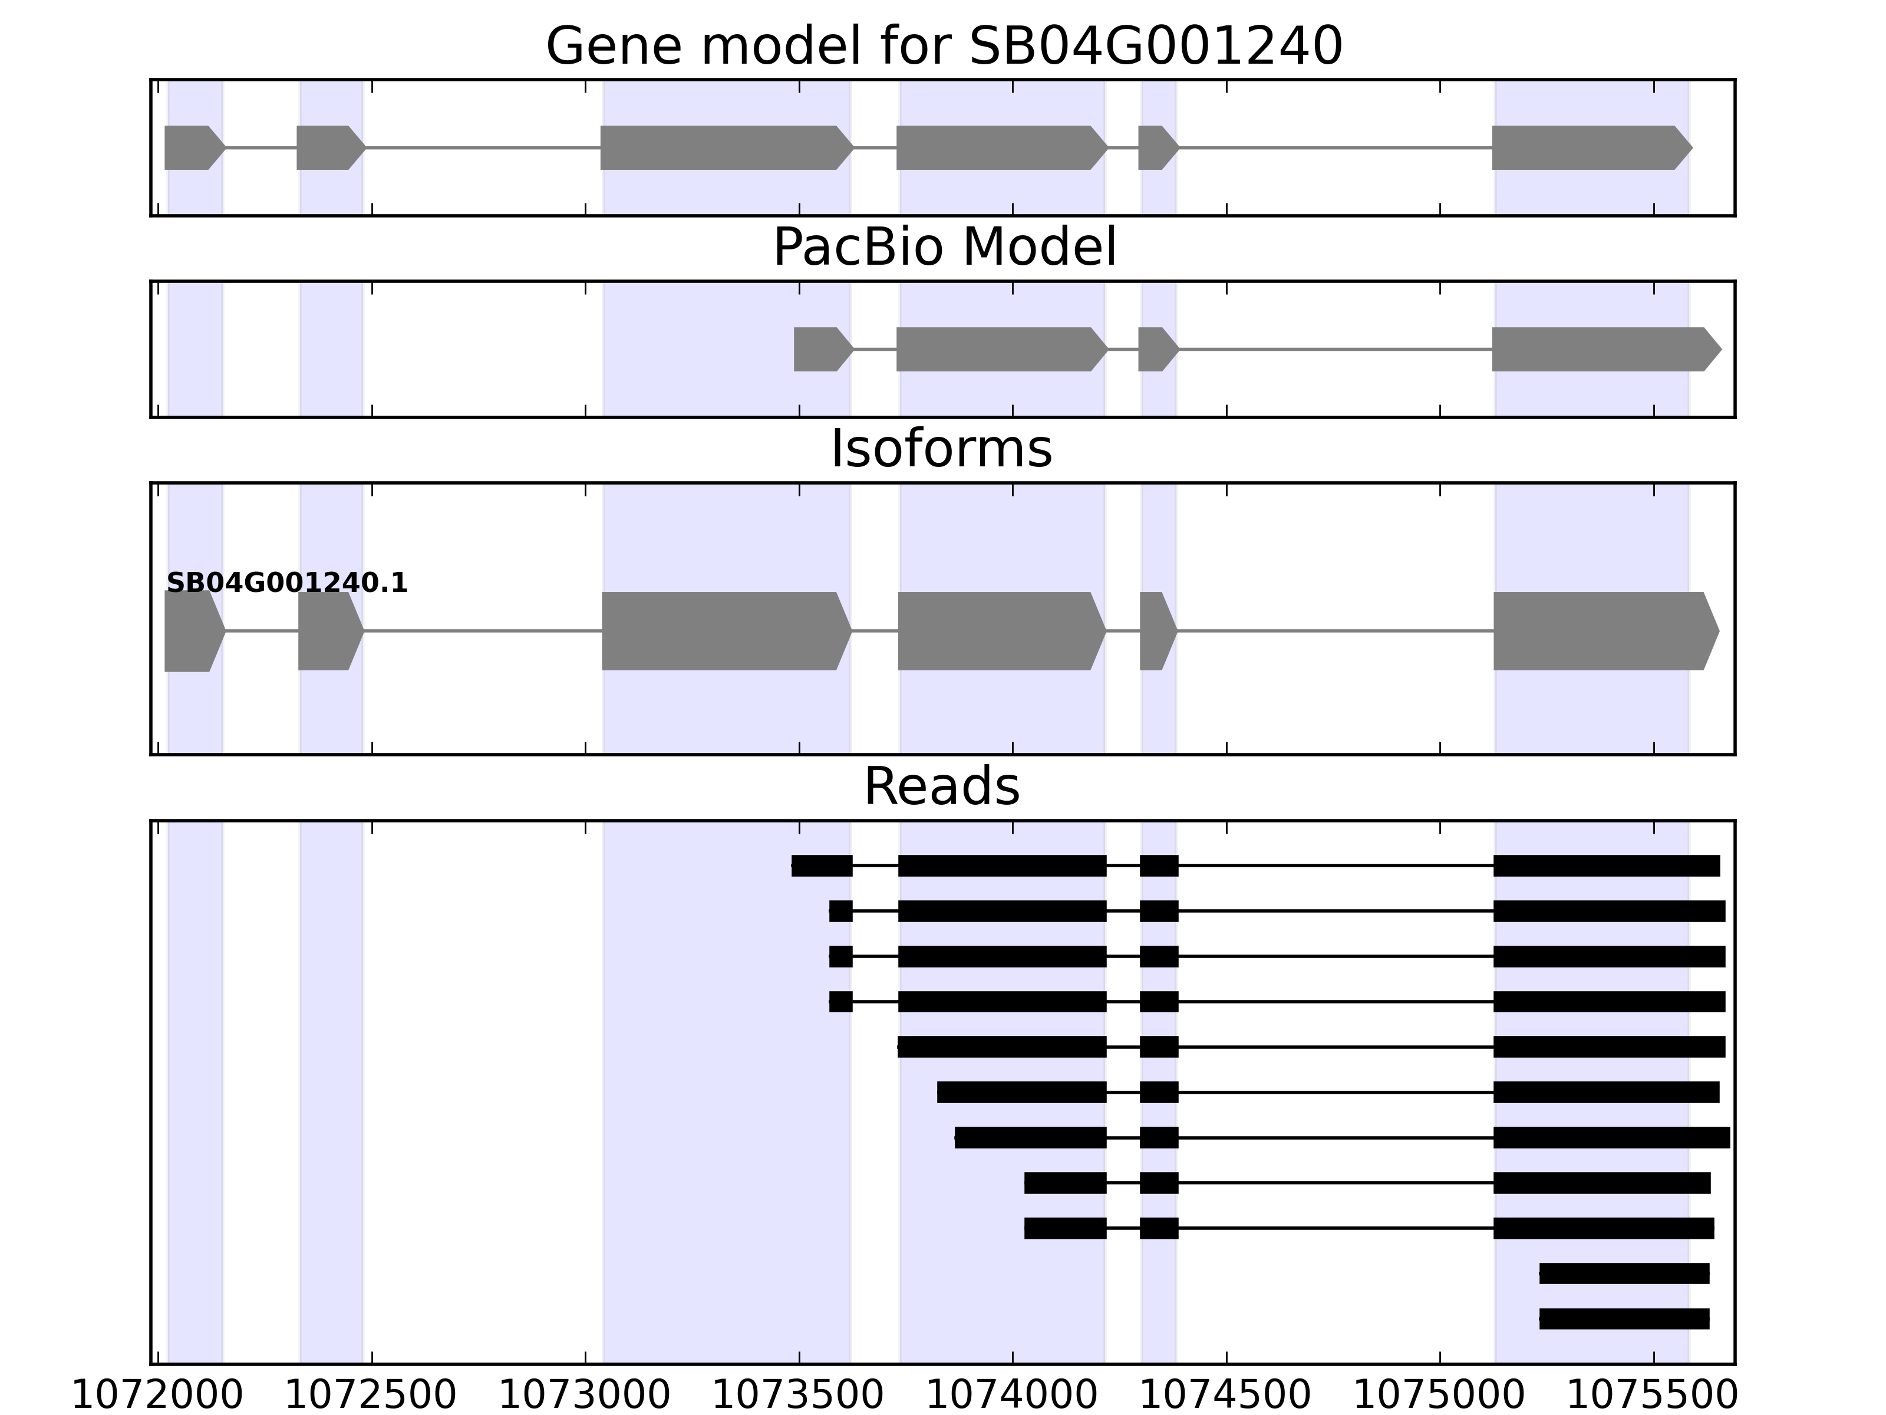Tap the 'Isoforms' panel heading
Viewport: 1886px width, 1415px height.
(x=941, y=449)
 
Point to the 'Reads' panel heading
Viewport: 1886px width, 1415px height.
(x=941, y=787)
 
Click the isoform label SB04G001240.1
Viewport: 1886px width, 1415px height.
(x=286, y=584)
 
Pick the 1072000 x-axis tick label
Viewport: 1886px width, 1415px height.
(x=158, y=1396)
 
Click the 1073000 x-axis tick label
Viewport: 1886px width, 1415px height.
(x=585, y=1396)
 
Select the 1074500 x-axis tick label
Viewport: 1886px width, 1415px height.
(x=1226, y=1396)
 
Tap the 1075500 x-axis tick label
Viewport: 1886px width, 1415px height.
(x=1653, y=1396)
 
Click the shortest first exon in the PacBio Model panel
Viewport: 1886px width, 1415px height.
(x=821, y=349)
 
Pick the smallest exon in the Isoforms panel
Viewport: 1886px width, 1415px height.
(x=1156, y=631)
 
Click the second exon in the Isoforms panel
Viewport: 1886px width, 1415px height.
(x=329, y=631)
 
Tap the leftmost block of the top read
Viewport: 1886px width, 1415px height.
(x=822, y=866)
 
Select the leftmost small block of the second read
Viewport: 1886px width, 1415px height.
(x=840, y=911)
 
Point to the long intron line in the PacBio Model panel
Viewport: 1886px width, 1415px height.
(x=1335, y=349)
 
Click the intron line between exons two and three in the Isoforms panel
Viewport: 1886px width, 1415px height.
(x=483, y=631)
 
